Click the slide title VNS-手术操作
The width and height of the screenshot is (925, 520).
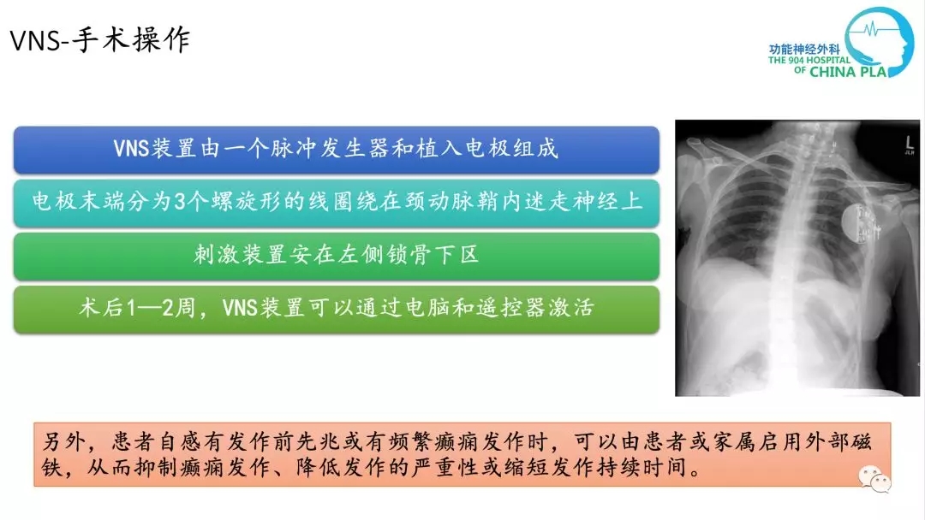point(100,41)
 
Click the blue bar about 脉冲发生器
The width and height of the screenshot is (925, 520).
point(337,150)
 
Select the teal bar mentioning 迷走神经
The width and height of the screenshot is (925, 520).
point(337,203)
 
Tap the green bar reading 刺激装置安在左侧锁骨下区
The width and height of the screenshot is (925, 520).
point(337,257)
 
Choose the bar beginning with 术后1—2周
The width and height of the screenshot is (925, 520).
point(337,309)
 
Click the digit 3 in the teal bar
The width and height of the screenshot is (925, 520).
point(180,202)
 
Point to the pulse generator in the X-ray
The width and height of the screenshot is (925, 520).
point(861,223)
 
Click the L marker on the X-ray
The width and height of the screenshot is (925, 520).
point(909,142)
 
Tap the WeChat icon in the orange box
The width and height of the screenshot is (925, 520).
point(874,479)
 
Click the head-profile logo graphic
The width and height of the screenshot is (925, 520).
point(879,41)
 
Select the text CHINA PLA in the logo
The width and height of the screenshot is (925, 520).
point(848,72)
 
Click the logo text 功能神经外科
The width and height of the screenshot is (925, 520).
point(804,50)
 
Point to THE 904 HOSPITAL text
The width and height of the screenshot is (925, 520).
point(809,60)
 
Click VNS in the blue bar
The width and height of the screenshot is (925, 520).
point(131,149)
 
